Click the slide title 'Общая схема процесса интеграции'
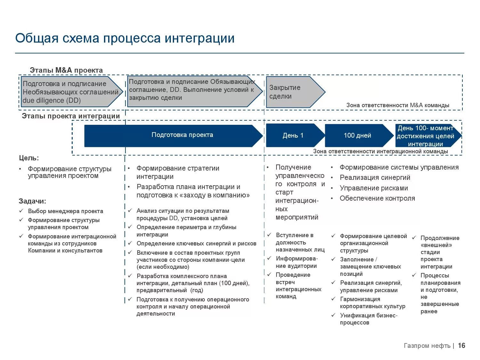(x=125, y=38)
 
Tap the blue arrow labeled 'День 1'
(x=293, y=136)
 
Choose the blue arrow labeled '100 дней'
(x=357, y=136)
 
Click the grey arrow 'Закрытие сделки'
(x=291, y=92)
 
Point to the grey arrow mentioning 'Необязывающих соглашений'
(x=70, y=92)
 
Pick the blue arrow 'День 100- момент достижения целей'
(x=426, y=136)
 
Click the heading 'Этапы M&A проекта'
(x=66, y=70)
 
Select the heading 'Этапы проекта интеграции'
(x=71, y=116)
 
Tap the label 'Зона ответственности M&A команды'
(x=398, y=105)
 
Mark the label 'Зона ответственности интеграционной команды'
(x=380, y=151)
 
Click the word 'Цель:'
(x=29, y=158)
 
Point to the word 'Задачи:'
(x=32, y=201)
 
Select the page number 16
(x=461, y=346)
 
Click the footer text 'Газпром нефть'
(x=427, y=346)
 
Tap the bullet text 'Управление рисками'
(x=374, y=188)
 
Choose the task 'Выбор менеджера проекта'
(x=65, y=211)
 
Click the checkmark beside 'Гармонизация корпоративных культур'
(x=333, y=299)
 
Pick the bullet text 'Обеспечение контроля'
(x=377, y=198)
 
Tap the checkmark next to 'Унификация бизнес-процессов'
(x=333, y=315)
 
